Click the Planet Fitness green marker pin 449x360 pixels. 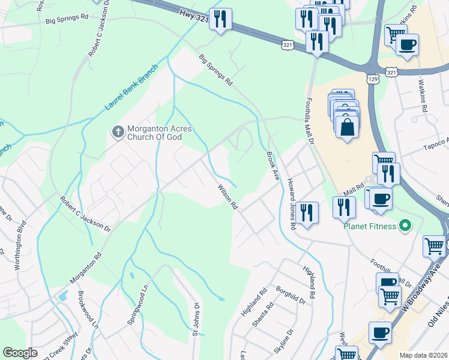(x=405, y=226)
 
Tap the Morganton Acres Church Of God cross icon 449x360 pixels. (x=118, y=131)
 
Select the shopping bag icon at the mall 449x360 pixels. (x=347, y=127)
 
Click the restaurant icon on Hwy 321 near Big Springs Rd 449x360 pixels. (x=221, y=19)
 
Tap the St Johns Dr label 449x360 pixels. (x=195, y=319)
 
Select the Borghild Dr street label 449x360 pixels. (x=292, y=296)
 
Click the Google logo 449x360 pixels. (x=20, y=353)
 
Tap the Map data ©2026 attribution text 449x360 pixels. (x=423, y=355)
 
